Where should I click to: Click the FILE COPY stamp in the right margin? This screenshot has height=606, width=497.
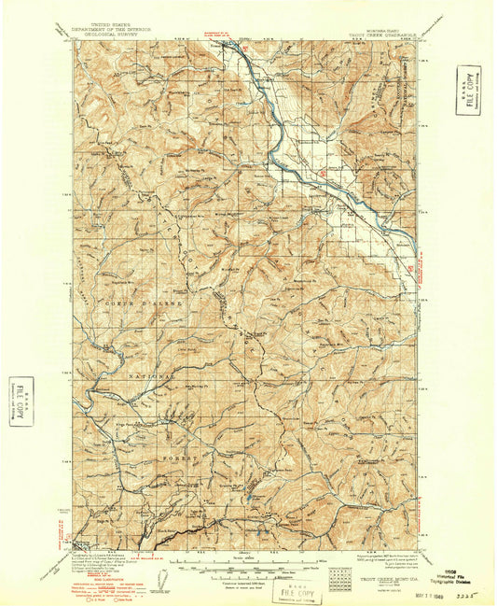pos(469,91)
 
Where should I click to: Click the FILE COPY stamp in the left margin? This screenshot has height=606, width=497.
pos(21,402)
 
